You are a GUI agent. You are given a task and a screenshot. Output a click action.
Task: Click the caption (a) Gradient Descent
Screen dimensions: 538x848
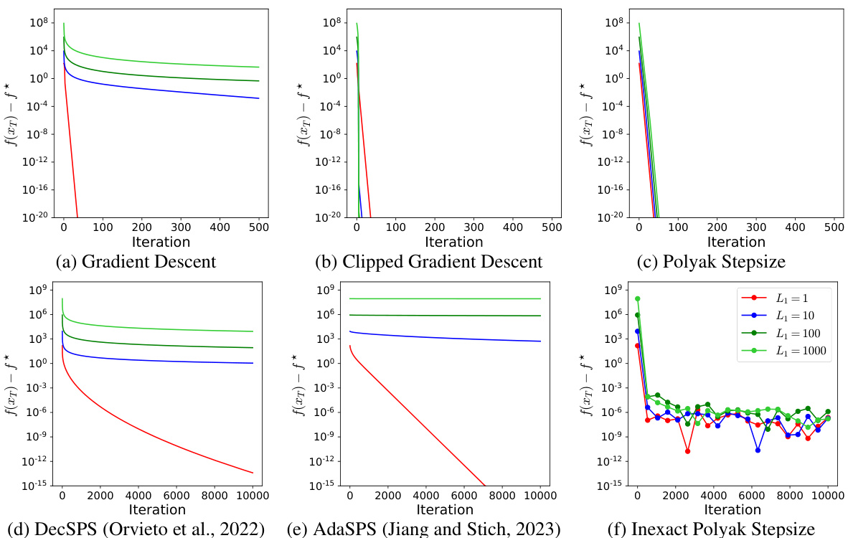(x=136, y=261)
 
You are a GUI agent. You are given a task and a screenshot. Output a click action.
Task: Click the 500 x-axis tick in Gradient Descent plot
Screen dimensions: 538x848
(x=258, y=227)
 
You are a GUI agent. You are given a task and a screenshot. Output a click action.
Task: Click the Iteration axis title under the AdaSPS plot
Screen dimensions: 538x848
(x=444, y=509)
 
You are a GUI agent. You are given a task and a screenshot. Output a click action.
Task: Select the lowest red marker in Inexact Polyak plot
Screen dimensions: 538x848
(x=687, y=451)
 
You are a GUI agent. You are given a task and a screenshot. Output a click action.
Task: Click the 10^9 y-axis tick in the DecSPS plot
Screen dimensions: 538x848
(x=37, y=290)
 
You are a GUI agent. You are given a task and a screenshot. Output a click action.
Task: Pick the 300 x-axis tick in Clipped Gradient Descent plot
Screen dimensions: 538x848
(x=474, y=227)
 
